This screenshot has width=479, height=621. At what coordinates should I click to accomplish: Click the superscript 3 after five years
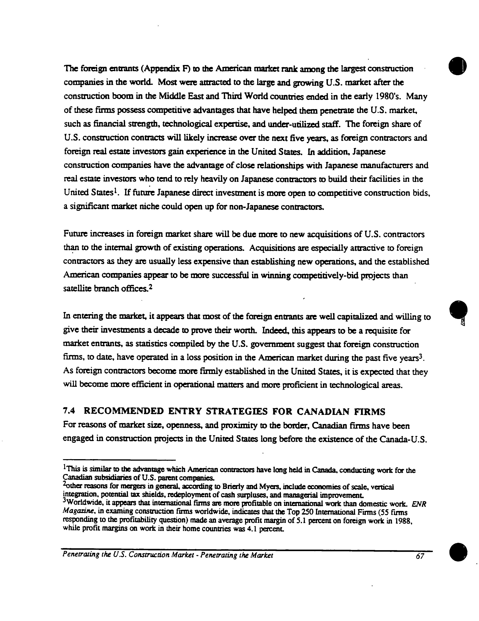point(422,356)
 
